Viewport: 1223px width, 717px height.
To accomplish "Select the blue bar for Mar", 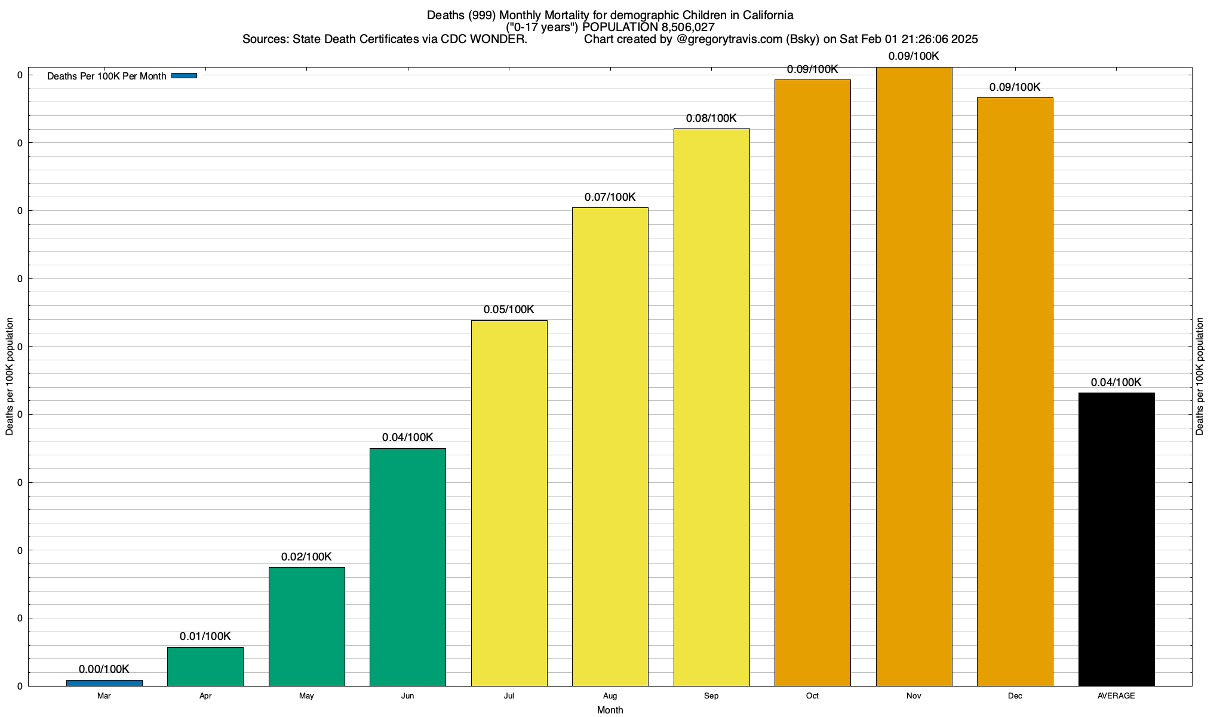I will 104,682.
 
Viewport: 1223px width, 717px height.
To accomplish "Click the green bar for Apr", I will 205,666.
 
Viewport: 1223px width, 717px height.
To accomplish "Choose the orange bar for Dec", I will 1015,391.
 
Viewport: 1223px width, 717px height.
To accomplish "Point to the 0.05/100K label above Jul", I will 509,310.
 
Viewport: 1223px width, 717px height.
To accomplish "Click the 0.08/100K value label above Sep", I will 711,118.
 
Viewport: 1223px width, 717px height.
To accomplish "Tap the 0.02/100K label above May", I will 306,557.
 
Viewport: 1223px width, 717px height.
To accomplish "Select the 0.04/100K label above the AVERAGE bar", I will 1116,382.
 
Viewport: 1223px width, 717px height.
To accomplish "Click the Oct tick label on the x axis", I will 812,696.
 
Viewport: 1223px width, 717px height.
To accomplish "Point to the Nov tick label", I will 914,696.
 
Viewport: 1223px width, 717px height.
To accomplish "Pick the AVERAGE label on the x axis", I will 1116,696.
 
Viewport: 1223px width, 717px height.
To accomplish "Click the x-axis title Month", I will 610,710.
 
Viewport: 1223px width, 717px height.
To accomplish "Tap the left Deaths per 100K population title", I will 10,376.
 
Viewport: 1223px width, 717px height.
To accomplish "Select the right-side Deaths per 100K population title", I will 1200,376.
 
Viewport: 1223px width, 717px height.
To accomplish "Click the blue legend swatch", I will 184,75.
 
